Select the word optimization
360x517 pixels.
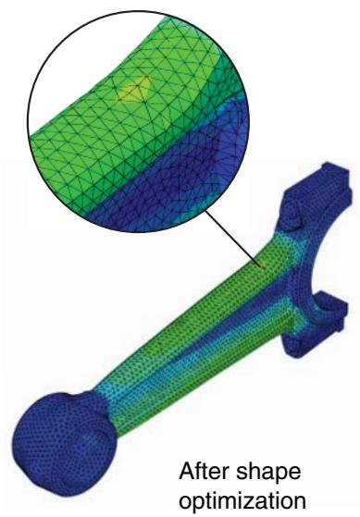[243, 501]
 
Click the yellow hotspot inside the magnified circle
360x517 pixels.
[134, 90]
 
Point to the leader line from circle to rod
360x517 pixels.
[232, 239]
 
